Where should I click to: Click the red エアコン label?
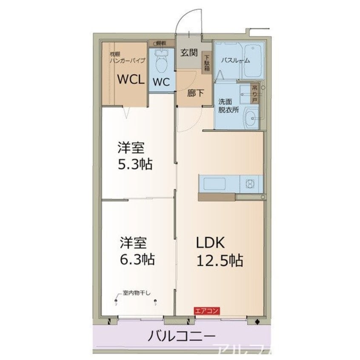pyautogui.click(x=207, y=311)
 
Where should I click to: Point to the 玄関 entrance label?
pyautogui.click(x=189, y=53)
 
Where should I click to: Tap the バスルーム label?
pyautogui.click(x=235, y=60)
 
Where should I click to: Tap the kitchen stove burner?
pyautogui.click(x=250, y=184)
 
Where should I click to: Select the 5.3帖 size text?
pyautogui.click(x=135, y=163)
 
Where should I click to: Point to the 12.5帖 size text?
pyautogui.click(x=219, y=259)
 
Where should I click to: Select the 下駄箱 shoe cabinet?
pyautogui.click(x=207, y=63)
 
